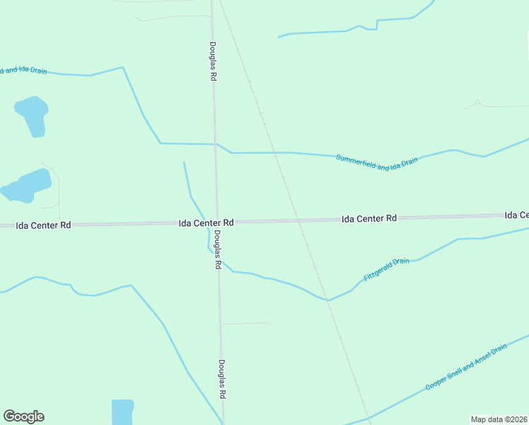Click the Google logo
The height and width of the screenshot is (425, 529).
23,416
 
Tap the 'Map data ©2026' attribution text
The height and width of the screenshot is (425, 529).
499,419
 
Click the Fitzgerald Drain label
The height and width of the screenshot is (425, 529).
387,270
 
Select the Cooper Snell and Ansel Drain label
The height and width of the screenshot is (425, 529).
467,366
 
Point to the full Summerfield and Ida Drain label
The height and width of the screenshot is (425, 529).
377,164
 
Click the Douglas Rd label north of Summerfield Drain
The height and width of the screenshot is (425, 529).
212,62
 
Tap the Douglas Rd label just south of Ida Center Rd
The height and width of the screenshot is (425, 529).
219,249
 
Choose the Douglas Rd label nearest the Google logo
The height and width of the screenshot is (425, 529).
222,379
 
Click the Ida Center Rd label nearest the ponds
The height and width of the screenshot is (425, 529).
45,225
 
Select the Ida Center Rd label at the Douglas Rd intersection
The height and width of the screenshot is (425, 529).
206,222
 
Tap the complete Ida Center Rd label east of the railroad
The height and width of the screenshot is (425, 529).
368,219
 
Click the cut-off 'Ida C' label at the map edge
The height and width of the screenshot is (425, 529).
516,215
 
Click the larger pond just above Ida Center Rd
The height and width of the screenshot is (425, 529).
27,186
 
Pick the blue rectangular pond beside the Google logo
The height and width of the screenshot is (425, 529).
122,412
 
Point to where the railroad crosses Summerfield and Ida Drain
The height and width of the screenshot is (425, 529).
276,152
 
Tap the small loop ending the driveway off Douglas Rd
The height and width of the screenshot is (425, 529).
267,324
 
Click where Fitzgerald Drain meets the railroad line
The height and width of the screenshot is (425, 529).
327,300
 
